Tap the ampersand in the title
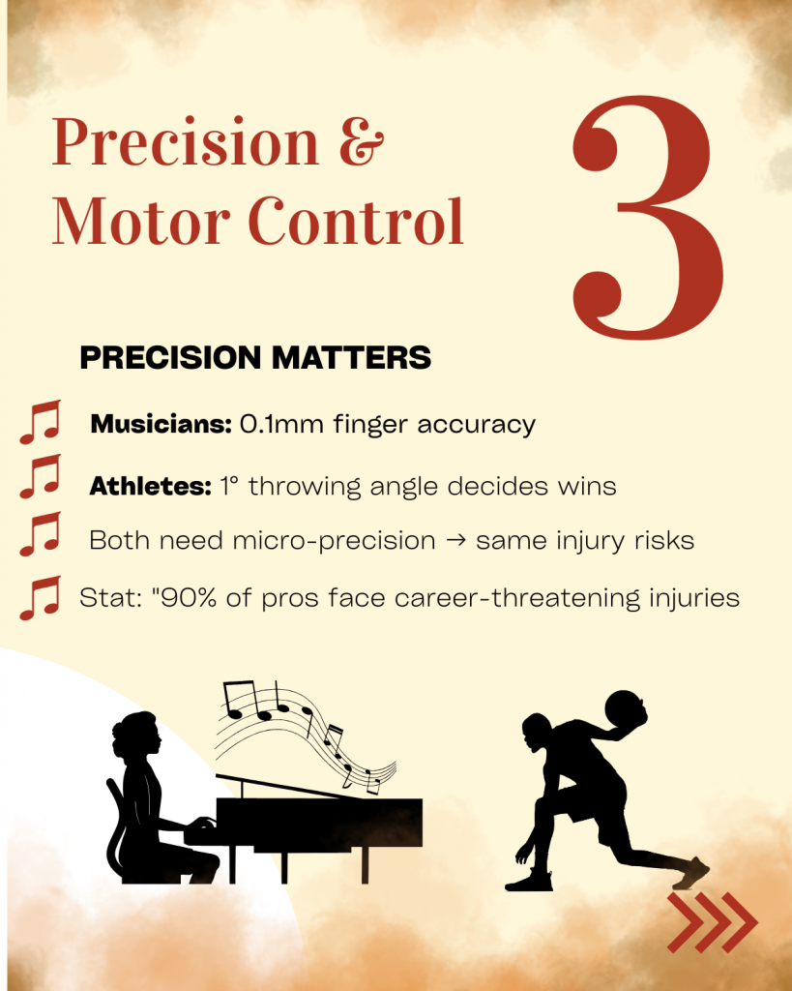coord(362,141)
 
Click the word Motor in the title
coord(141,222)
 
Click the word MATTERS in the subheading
coord(352,358)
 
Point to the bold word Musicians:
coord(161,424)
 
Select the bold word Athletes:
coord(150,486)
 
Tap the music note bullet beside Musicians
coord(41,422)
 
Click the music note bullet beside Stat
coord(41,598)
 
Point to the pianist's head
coord(136,735)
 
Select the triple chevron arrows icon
coord(713,922)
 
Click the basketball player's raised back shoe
coord(691,873)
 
